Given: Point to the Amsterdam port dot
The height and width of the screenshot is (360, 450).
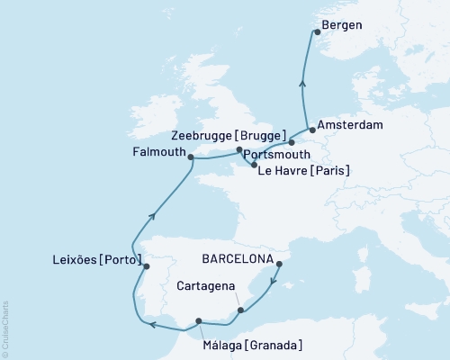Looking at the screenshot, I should pos(311,129).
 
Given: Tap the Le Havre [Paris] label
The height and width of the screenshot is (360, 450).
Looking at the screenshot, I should pos(304,170).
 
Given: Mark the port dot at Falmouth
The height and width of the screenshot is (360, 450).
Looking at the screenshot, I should pos(191,156).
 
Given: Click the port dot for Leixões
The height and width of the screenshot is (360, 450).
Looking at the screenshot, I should pos(147,265).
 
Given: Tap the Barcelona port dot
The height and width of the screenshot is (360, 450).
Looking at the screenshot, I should pos(279,264).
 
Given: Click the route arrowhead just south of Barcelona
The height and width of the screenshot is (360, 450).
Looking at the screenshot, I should pos(273,287).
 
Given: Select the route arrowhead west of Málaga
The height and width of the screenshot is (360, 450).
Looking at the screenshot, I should pos(153,325).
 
